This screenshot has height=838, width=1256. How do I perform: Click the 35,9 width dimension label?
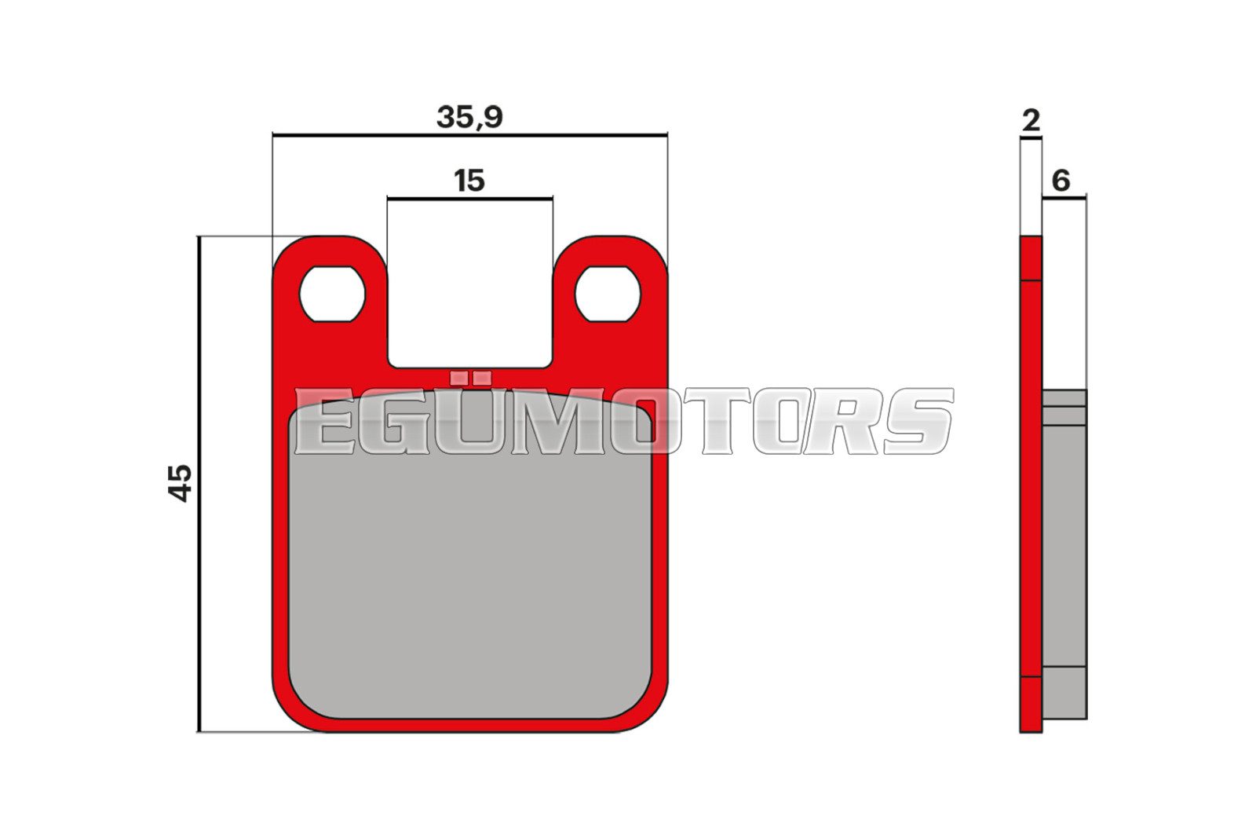coord(469,118)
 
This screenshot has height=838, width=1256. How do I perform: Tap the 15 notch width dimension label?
coord(469,181)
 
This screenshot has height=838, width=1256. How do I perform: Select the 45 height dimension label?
coord(181,483)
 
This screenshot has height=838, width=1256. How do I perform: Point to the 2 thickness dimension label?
coord(1031,121)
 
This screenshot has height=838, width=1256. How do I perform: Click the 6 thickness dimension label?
coord(1061,181)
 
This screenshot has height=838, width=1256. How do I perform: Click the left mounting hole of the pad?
coord(333,294)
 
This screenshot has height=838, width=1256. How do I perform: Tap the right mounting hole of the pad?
coord(608,294)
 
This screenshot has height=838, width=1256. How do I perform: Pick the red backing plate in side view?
coord(1031,484)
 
